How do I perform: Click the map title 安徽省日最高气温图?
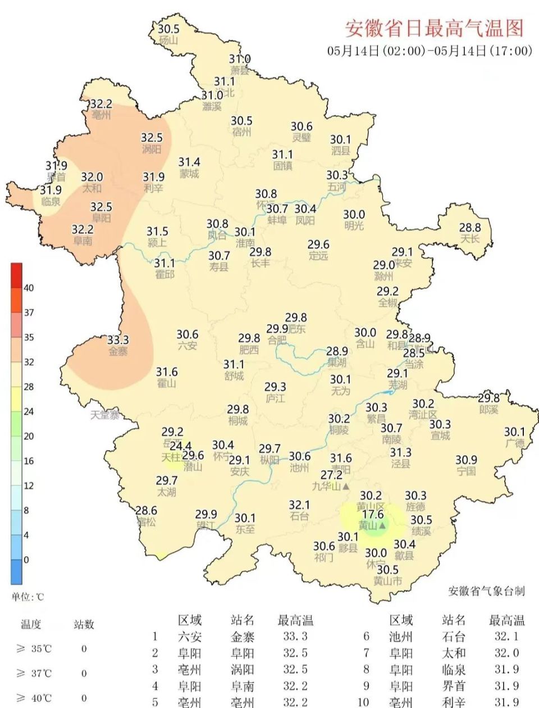[x=434, y=27]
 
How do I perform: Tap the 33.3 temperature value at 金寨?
[x=118, y=340]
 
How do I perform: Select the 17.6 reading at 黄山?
[x=372, y=514]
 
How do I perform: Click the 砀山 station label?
[x=168, y=40]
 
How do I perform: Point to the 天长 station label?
[x=470, y=239]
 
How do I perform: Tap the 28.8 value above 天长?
[x=470, y=228]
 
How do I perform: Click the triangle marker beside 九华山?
[x=346, y=486]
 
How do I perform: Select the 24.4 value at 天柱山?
[x=180, y=447]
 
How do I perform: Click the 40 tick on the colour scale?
[x=29, y=288]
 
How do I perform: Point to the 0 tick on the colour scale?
[x=26, y=560]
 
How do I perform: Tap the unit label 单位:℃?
[x=28, y=597]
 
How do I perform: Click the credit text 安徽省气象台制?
[x=486, y=591]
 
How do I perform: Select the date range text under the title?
[x=430, y=51]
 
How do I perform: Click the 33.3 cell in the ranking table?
[x=295, y=637]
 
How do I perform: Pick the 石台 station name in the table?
[x=454, y=637]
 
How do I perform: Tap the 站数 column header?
[x=84, y=624]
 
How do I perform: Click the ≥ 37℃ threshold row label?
[x=34, y=673]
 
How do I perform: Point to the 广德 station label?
[x=515, y=443]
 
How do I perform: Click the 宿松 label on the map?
[x=146, y=522]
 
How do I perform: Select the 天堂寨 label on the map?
[x=105, y=415]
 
